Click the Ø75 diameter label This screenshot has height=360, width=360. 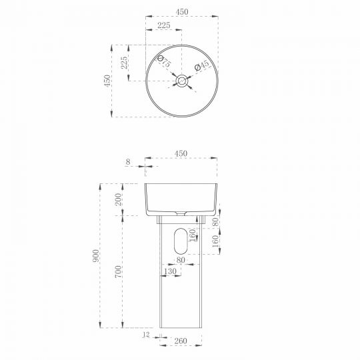164,61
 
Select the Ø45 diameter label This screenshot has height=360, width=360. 201,65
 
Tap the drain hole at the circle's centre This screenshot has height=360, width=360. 181,81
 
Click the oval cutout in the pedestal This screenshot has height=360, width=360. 181,241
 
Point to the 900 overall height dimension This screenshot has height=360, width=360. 95,256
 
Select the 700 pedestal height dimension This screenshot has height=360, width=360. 118,271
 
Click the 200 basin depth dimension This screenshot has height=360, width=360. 118,199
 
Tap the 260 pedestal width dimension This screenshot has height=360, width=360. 181,341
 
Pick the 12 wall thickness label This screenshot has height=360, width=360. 146,334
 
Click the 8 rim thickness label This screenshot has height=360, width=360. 128,162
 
